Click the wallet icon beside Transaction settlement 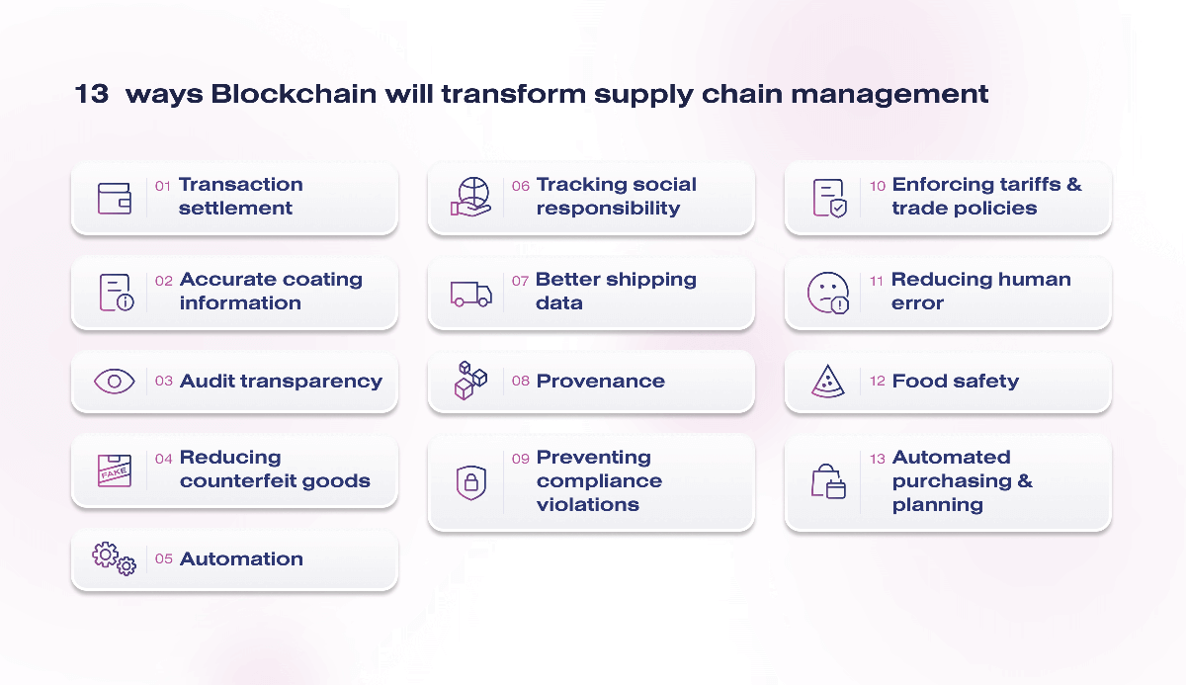coord(115,198)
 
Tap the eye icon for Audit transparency coord(115,382)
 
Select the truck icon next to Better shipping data coord(470,294)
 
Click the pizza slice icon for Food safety coord(827,382)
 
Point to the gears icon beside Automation coord(115,559)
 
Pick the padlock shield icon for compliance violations coord(470,482)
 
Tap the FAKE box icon coord(115,471)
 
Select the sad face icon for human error coord(827,293)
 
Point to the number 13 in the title coord(92,95)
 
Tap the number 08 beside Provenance coord(521,382)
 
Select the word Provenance coord(600,382)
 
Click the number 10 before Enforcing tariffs coord(878,186)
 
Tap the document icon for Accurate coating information coord(116,294)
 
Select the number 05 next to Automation coord(164,559)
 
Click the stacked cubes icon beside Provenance coord(470,381)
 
